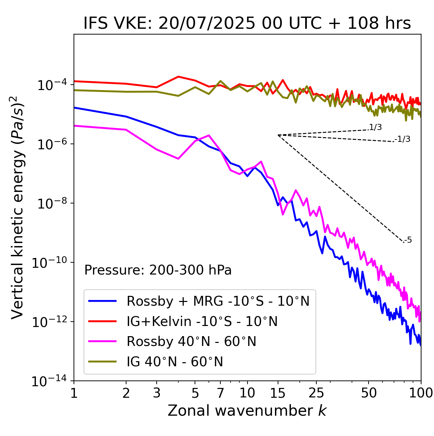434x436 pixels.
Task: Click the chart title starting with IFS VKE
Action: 247,23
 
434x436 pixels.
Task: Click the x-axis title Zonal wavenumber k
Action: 247,410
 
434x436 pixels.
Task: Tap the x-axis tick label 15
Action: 278,393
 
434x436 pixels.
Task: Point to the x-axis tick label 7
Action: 220,393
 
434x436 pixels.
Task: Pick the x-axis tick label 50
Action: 369,393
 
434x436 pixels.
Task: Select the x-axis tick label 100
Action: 421,393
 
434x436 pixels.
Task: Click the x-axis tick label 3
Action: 157,393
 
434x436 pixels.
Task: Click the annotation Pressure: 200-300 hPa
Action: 158,270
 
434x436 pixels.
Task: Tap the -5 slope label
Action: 408,240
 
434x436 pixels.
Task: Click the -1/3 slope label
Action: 403,139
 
